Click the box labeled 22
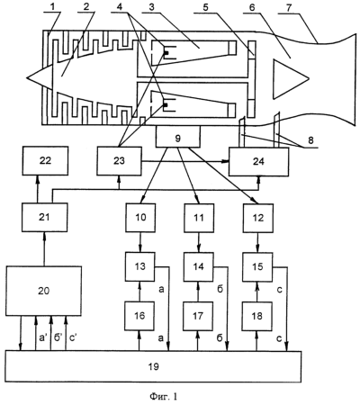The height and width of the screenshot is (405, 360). tap(45, 161)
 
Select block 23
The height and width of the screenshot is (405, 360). tap(119, 161)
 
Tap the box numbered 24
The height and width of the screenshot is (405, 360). tap(259, 161)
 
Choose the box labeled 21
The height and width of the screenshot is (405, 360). tap(44, 217)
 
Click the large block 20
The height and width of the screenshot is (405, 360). tap(43, 291)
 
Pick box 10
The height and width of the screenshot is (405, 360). tap(140, 218)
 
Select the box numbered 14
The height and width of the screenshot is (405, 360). tap(198, 266)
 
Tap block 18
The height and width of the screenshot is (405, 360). tap(256, 316)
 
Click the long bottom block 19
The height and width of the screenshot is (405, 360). tap(153, 366)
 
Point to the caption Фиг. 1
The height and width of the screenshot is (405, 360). tap(164, 397)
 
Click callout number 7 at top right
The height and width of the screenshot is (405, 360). tap(288, 8)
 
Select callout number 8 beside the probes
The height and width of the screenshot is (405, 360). tap(310, 140)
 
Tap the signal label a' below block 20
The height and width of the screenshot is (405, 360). tap(43, 337)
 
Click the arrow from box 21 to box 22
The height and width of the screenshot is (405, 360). tap(37, 189)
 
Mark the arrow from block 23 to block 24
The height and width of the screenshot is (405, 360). tap(185, 161)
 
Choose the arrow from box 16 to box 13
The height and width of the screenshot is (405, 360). tap(139, 292)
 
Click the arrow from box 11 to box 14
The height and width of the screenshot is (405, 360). tap(198, 242)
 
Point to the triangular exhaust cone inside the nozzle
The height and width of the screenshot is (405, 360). tap(291, 78)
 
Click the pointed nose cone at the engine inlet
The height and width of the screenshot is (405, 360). tap(40, 77)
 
